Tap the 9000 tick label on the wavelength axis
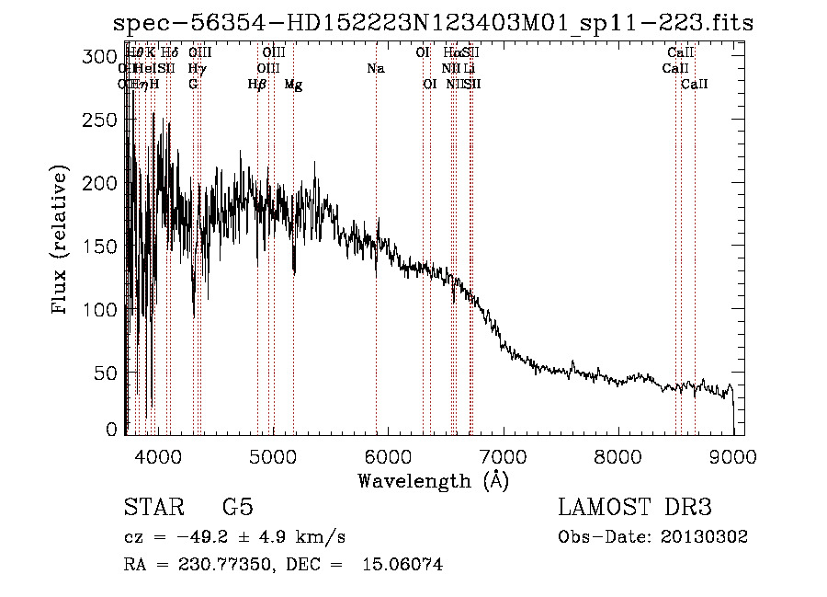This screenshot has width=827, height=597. [x=732, y=454]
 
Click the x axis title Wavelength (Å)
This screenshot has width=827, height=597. [x=433, y=481]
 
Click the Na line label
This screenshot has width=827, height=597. [x=375, y=68]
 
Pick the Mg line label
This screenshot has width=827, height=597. [x=293, y=85]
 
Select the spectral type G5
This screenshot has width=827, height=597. [x=237, y=508]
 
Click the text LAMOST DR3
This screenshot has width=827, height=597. [x=635, y=508]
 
